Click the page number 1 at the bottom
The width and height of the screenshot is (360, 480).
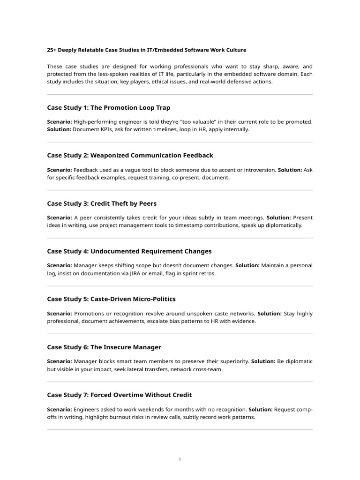(180, 460)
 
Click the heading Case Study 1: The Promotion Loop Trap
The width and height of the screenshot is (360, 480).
(109, 108)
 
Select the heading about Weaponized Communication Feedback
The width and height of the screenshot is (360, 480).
(130, 156)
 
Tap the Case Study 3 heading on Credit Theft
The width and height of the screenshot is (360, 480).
(102, 203)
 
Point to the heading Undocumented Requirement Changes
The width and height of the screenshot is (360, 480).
(129, 251)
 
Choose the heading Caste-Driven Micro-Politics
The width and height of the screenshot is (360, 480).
(111, 299)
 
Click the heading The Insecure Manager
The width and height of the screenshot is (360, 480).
(104, 347)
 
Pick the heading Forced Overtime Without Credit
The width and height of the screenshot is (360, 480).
(120, 395)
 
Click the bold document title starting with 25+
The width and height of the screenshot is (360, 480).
(146, 50)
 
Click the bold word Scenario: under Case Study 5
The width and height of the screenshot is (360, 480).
(60, 314)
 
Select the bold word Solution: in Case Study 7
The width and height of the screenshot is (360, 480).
(261, 409)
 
